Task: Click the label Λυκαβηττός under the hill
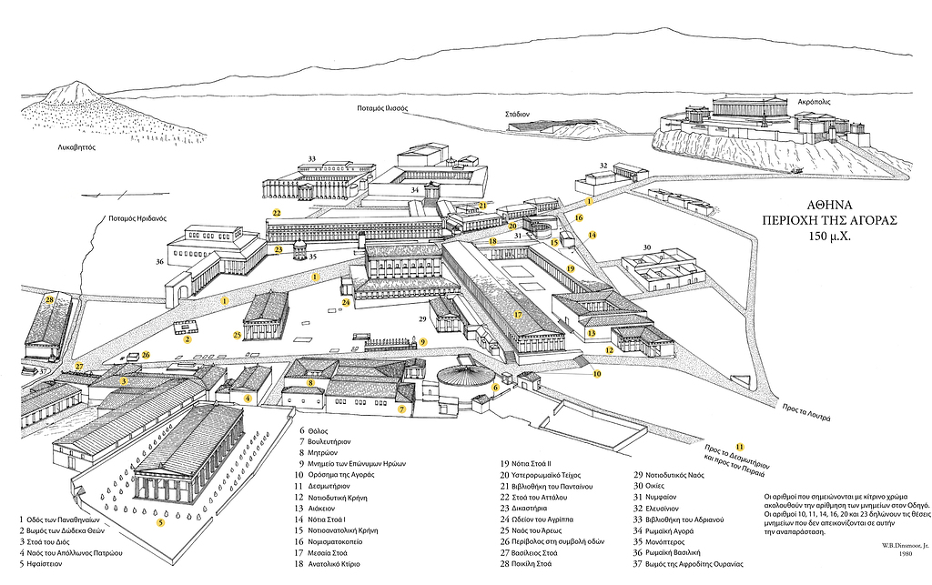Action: click(75, 146)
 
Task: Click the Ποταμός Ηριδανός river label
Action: click(134, 219)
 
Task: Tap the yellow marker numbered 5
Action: click(160, 522)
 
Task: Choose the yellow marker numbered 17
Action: click(517, 315)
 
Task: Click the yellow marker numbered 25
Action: click(238, 335)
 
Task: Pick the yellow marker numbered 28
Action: click(49, 298)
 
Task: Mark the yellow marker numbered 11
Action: click(740, 447)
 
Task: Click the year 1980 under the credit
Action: click(907, 554)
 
